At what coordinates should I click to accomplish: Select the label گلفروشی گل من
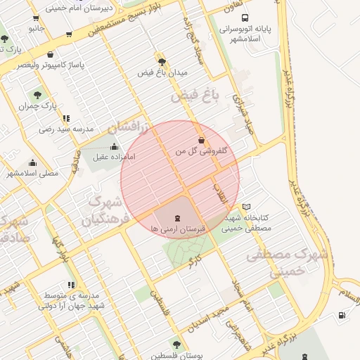click(205, 150)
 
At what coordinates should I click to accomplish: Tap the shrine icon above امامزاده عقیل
click(114, 146)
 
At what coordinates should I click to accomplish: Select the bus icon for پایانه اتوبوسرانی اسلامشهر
click(244, 18)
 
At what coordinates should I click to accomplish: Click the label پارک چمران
click(37, 105)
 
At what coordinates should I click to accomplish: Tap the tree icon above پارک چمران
click(37, 94)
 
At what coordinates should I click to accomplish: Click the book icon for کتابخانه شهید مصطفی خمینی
click(246, 207)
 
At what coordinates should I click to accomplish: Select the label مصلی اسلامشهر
click(32, 173)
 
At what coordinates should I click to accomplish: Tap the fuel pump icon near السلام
click(342, 315)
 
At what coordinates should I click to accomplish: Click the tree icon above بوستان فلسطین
click(176, 345)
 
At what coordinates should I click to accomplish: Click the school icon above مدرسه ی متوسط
click(70, 285)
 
